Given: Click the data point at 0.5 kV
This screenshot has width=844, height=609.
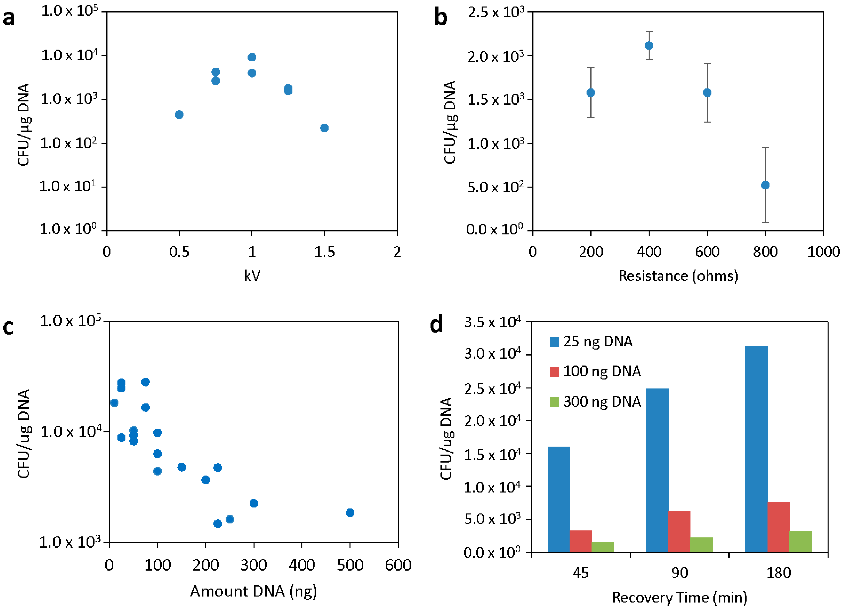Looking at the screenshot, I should point(179,115).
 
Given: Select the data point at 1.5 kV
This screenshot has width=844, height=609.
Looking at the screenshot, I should point(324,128).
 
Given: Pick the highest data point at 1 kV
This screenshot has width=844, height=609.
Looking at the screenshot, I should point(252,57).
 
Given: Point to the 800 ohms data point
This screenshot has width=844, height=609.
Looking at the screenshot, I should point(765,185).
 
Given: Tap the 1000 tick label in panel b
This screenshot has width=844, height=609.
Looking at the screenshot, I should point(823,252).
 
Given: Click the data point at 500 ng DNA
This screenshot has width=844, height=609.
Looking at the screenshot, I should point(350,513).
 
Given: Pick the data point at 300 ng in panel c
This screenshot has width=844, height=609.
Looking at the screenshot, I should point(254,503).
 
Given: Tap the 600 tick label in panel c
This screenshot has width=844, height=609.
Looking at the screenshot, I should point(398,565).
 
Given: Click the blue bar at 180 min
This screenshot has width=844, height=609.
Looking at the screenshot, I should point(756,449).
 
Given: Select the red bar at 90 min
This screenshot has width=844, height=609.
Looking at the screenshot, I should point(679,531).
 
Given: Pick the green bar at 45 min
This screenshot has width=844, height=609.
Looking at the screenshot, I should point(603,546).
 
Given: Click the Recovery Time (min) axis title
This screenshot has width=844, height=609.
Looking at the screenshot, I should point(680,598).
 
